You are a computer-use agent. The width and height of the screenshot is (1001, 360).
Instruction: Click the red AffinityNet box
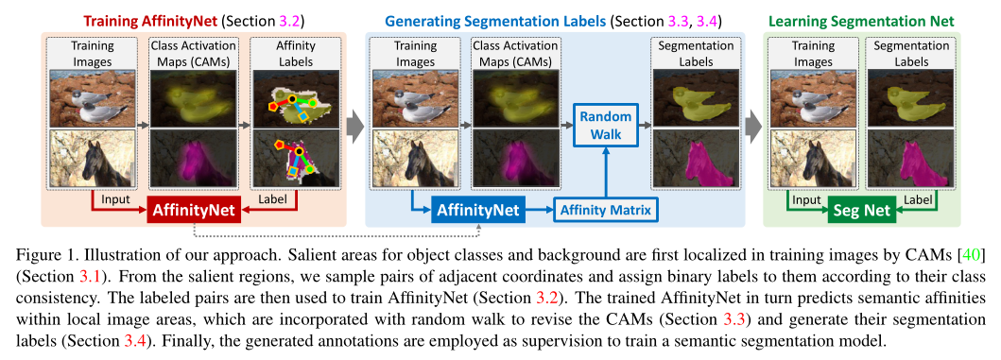coord(194,211)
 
